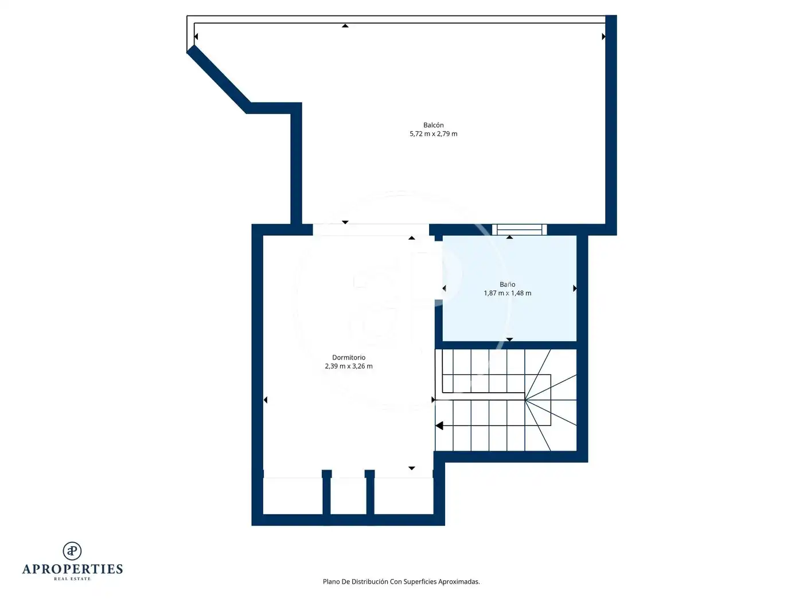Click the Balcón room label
(433, 125)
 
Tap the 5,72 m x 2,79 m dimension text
(433, 134)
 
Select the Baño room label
(507, 284)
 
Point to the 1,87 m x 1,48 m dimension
(507, 293)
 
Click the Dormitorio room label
(349, 357)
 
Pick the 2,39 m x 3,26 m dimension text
(349, 366)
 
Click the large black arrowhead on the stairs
(439, 425)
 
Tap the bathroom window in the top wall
(519, 229)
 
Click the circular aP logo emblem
(72, 550)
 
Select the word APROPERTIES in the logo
(72, 569)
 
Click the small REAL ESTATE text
(72, 578)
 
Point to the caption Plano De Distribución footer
(401, 581)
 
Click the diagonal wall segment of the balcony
(219, 79)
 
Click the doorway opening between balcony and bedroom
(371, 229)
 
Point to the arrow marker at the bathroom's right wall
(575, 288)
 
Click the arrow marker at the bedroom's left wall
(266, 400)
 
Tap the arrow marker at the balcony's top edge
(345, 26)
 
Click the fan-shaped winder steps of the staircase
(551, 400)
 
